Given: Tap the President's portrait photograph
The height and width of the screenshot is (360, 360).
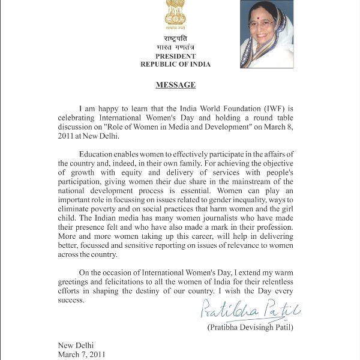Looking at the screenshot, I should click(266, 34).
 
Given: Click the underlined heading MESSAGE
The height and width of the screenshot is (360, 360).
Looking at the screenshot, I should click(175, 85).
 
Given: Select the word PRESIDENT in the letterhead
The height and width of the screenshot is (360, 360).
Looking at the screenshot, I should click(175, 56).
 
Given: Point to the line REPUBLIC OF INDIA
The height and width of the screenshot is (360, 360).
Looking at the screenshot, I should click(175, 64).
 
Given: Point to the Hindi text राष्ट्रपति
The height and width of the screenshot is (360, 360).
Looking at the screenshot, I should click(175, 39).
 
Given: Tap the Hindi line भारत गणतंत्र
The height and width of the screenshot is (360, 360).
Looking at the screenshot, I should click(175, 47).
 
